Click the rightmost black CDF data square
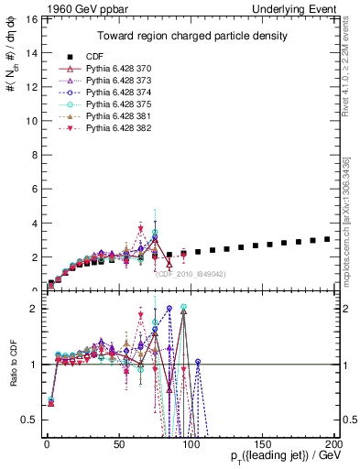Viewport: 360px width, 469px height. coord(327,239)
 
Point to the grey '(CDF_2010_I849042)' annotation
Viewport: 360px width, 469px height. coord(188,274)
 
